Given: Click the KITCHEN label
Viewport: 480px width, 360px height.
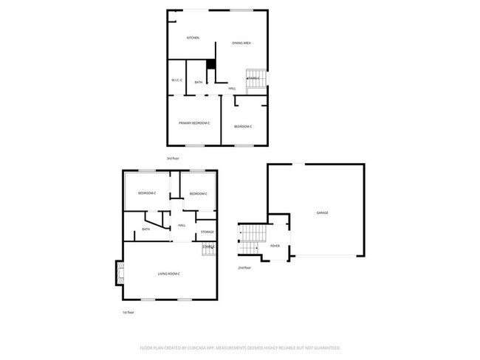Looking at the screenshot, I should [x=193, y=38].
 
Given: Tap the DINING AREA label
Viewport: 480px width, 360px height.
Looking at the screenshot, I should [x=241, y=44].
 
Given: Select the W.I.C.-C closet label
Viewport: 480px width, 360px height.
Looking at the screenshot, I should [x=176, y=80].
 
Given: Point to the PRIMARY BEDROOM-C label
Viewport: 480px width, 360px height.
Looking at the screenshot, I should [x=194, y=122].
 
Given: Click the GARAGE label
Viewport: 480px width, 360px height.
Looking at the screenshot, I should [x=322, y=212].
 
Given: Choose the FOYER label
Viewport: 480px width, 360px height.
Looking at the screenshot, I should [x=275, y=246].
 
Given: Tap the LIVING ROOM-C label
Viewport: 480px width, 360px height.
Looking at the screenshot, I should [x=169, y=274].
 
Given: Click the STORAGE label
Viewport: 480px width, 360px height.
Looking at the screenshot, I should [x=208, y=232].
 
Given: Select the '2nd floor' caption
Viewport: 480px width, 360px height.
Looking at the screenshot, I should [x=244, y=267].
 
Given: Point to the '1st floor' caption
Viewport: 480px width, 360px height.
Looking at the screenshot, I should [x=128, y=313].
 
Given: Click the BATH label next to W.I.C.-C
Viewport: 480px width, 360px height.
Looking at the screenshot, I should [x=199, y=83].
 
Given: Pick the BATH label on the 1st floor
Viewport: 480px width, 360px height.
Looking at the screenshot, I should [x=145, y=229].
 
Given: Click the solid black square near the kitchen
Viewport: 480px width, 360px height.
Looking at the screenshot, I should [x=210, y=65].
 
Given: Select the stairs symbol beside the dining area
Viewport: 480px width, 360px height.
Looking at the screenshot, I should [x=254, y=80].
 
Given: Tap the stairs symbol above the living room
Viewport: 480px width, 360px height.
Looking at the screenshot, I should [x=208, y=250].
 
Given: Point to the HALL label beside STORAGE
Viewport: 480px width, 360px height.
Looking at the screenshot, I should [x=182, y=226].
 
